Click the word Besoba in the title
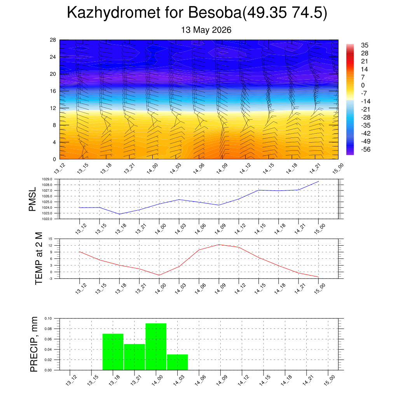(215, 12)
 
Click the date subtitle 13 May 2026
(206, 30)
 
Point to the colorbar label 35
(365, 45)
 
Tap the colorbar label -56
(366, 150)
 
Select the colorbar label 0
(363, 85)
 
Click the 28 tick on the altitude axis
(53, 40)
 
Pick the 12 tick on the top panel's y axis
(53, 108)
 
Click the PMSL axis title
(33, 199)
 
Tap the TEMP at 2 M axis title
(39, 258)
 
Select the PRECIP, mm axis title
(34, 344)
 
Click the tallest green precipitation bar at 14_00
(156, 347)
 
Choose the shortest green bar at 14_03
(177, 362)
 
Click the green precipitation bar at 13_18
(113, 352)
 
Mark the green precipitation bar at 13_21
(134, 357)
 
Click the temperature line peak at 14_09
(219, 245)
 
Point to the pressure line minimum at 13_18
(120, 214)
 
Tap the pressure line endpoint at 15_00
(318, 182)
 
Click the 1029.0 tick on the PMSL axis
(47, 179)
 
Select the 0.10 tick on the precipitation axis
(48, 318)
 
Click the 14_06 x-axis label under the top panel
(199, 169)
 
